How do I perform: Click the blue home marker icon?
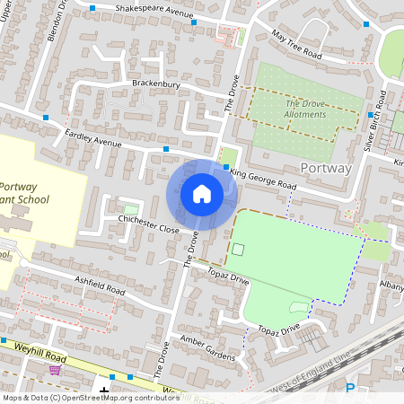pyautogui.click(x=202, y=194)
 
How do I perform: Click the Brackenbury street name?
pyautogui.click(x=156, y=84)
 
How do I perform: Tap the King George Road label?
pyautogui.click(x=262, y=177)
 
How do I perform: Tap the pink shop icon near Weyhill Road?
pyautogui.click(x=55, y=369)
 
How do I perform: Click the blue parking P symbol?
pyautogui.click(x=350, y=389)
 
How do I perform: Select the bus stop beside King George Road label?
pyautogui.click(x=225, y=166)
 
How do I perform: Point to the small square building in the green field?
pyautogui.click(x=238, y=249)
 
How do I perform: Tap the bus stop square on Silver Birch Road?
pyautogui.click(x=369, y=115)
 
